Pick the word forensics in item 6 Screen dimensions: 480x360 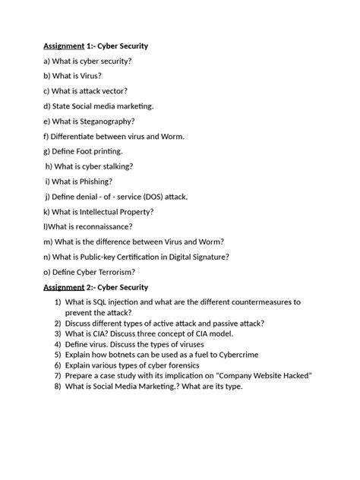coord(207,365)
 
